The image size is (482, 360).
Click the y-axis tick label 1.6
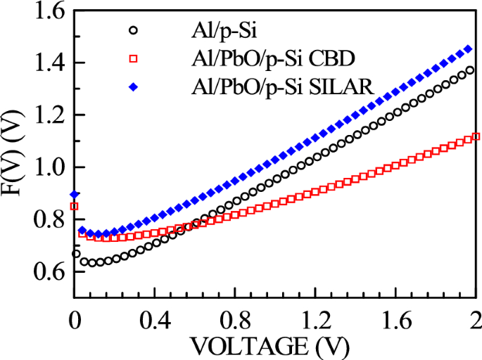click(x=46, y=12)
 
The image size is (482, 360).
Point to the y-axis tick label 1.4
click(x=46, y=63)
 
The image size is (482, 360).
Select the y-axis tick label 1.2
click(x=46, y=115)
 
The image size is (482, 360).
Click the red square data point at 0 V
click(x=75, y=206)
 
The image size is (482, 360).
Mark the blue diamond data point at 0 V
click(x=75, y=195)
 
